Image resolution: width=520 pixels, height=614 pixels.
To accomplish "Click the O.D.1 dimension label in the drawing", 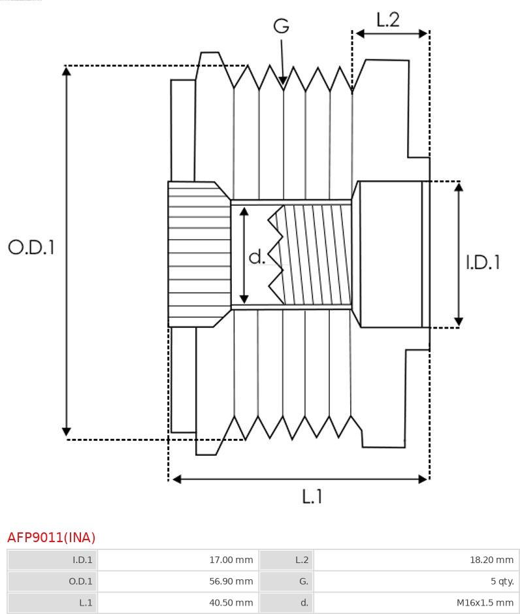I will (31, 247).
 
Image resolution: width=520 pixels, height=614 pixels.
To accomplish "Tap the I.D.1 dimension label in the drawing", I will (483, 262).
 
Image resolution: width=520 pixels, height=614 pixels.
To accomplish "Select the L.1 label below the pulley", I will (312, 496).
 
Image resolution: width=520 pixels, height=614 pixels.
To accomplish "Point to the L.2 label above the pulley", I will (387, 20).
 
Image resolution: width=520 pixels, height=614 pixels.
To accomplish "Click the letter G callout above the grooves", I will (281, 26).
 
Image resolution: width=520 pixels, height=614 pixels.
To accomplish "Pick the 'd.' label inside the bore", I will (257, 257).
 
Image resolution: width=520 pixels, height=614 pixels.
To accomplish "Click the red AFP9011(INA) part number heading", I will (52, 538).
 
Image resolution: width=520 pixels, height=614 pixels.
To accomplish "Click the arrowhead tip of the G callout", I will (283, 84).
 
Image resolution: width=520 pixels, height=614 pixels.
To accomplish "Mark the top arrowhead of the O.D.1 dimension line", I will (66, 69).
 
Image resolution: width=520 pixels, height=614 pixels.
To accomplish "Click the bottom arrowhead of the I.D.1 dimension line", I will (459, 323).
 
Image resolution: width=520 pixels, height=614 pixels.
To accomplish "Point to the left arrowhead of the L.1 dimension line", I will (174, 479).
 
